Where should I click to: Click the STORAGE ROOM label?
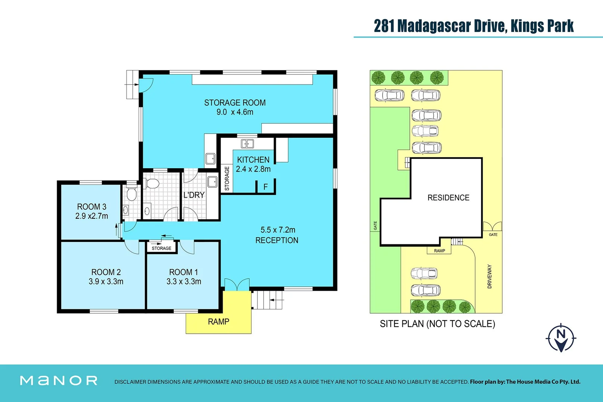click(235, 103)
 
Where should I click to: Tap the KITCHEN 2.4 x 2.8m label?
click(253, 164)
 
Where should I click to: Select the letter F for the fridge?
click(266, 187)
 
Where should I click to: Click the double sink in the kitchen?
click(247, 144)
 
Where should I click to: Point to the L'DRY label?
click(194, 195)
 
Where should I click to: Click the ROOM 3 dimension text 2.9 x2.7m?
click(92, 216)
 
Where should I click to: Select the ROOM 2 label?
click(106, 272)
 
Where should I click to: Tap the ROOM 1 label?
click(183, 272)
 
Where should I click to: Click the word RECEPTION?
click(277, 240)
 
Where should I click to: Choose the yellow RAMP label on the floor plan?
click(219, 322)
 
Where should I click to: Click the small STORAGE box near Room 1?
click(161, 248)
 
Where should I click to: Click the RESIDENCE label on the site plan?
click(448, 198)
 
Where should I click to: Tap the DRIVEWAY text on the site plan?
click(490, 277)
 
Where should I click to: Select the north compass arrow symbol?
click(561, 338)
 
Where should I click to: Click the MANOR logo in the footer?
click(59, 380)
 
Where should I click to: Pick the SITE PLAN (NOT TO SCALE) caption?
click(437, 324)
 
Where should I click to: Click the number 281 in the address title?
click(384, 26)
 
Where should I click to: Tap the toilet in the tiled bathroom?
click(152, 184)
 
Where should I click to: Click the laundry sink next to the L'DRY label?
click(213, 182)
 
